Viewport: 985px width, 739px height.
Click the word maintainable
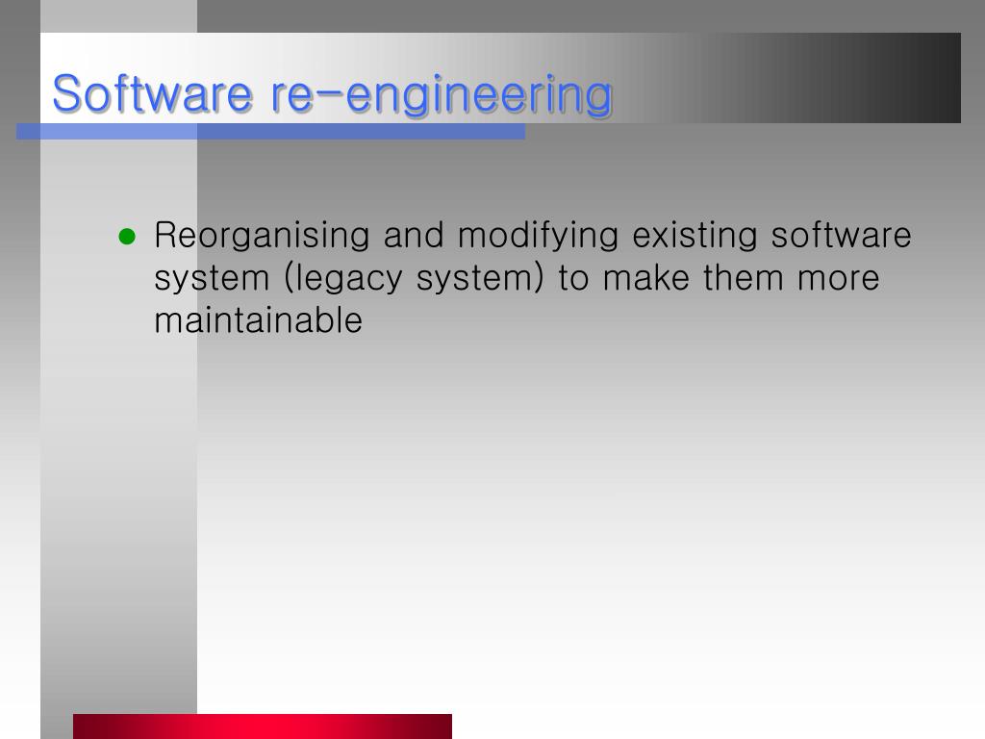(258, 320)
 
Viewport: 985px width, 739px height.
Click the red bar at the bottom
(262, 726)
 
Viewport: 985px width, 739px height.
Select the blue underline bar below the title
(270, 132)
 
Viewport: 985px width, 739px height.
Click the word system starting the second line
(213, 278)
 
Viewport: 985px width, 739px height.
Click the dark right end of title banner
(923, 78)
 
